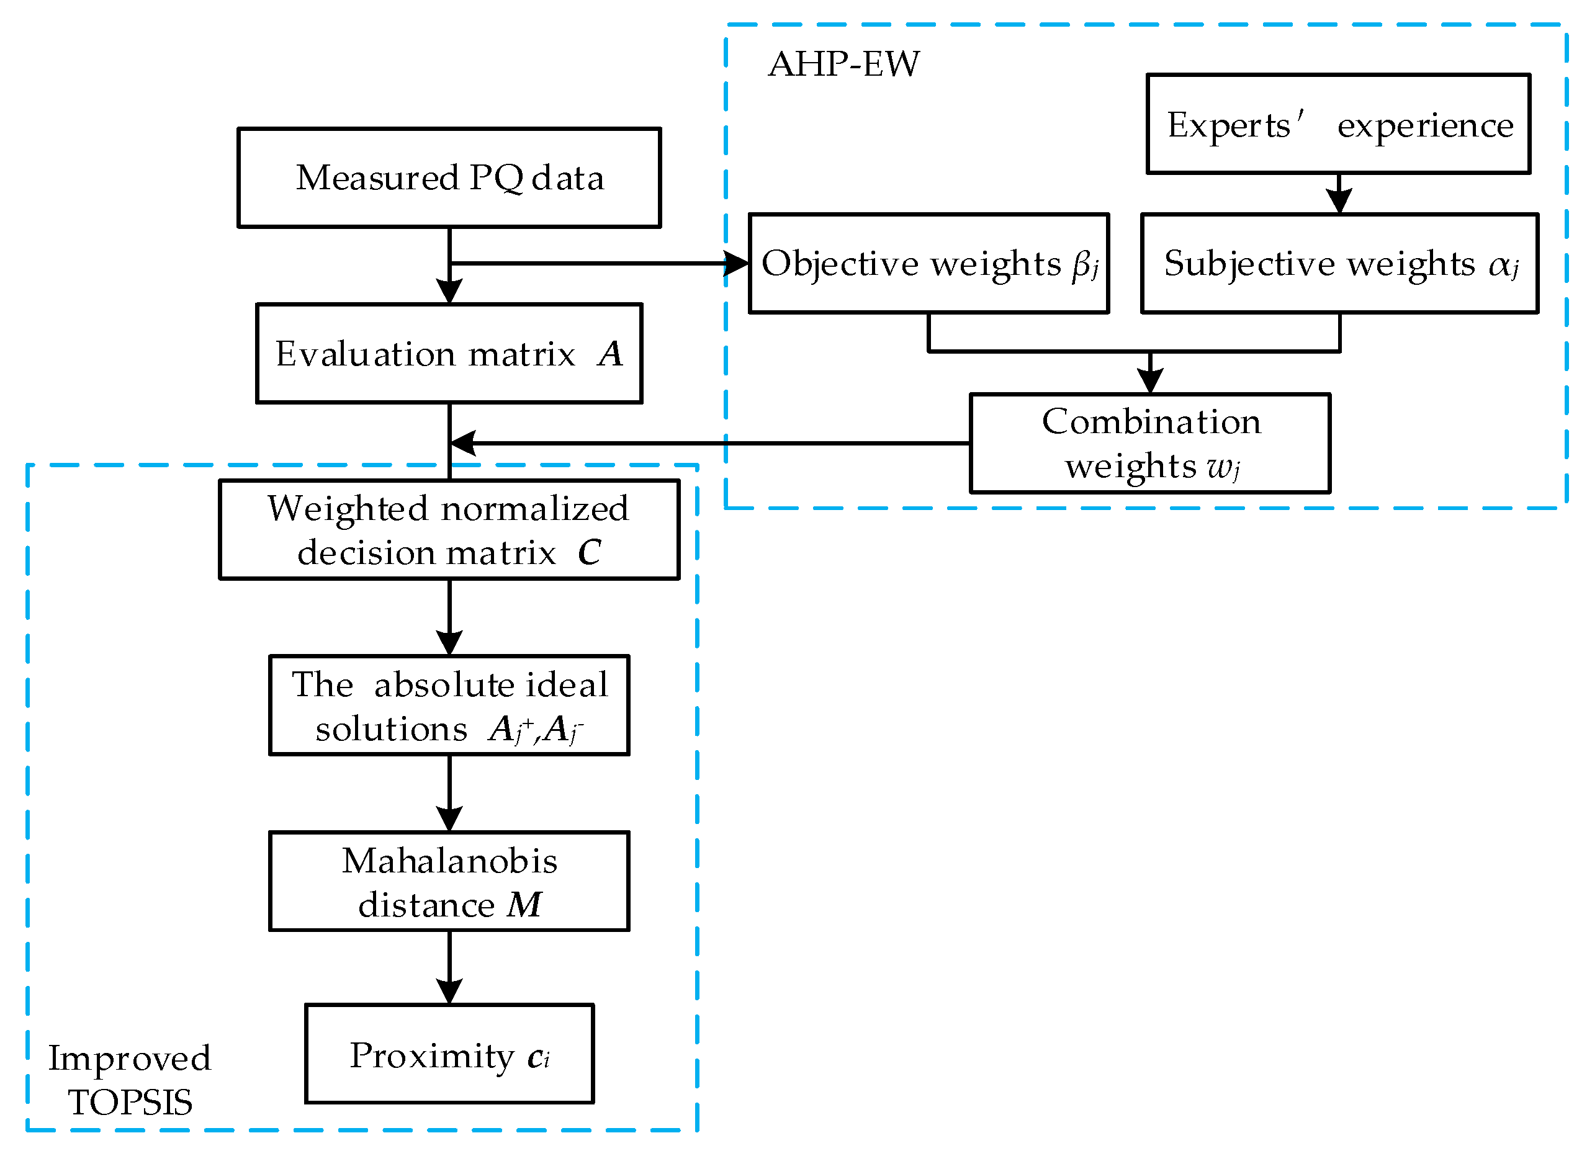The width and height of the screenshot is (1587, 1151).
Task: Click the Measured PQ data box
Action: (449, 177)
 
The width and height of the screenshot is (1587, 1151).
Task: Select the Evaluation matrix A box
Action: (449, 352)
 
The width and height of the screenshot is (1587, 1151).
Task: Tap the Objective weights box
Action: (928, 263)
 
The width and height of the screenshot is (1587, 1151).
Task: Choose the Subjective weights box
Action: (1339, 263)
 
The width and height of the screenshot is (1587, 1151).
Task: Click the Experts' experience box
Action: (1337, 124)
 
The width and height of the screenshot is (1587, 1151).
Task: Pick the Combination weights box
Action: (1149, 443)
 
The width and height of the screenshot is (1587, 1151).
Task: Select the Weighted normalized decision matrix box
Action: (449, 529)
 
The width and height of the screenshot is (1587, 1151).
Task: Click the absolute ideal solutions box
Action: (449, 705)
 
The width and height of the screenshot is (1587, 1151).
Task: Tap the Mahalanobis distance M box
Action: (449, 881)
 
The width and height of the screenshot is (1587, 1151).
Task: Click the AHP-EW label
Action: (843, 64)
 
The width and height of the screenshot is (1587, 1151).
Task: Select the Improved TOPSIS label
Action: (130, 1080)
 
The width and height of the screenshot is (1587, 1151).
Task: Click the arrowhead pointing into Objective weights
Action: (736, 264)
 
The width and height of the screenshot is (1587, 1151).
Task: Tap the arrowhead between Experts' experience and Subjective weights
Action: (1338, 201)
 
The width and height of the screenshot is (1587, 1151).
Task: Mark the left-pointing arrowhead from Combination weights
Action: (463, 443)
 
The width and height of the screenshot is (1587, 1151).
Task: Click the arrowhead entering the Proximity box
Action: (449, 992)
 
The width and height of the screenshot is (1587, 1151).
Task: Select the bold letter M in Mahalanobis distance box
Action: (524, 904)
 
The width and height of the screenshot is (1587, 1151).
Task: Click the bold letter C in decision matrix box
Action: (588, 552)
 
